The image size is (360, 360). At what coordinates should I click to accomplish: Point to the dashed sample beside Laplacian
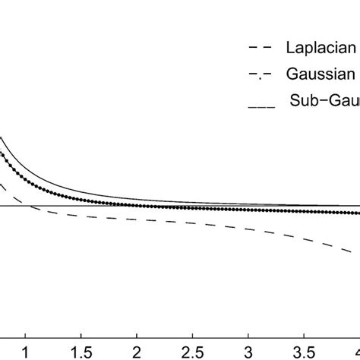pos(260,49)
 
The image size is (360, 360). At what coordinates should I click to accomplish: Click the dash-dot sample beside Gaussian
pos(260,75)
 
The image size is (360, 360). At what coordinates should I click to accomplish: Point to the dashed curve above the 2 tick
pos(137,219)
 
